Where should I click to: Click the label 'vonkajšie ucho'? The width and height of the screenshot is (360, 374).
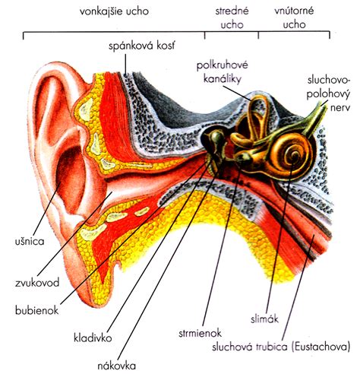pyautogui.click(x=114, y=11)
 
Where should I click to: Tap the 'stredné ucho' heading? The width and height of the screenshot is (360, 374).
pyautogui.click(x=232, y=17)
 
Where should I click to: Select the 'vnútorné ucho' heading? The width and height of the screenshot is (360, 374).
pyautogui.click(x=294, y=17)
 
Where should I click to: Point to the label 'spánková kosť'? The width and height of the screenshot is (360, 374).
pyautogui.click(x=142, y=46)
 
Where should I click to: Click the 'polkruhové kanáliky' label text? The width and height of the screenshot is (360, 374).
pyautogui.click(x=223, y=72)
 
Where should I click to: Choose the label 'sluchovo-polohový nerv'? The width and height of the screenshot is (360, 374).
pyautogui.click(x=328, y=93)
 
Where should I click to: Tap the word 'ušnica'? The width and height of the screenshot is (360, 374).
pyautogui.click(x=30, y=241)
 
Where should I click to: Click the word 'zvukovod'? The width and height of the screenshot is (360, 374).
pyautogui.click(x=37, y=283)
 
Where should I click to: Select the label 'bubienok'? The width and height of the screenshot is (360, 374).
pyautogui.click(x=36, y=310)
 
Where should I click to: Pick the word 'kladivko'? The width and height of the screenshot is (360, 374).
pyautogui.click(x=93, y=338)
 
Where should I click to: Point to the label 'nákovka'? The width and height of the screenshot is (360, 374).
pyautogui.click(x=117, y=366)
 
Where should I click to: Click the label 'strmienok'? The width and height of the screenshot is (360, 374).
pyautogui.click(x=200, y=333)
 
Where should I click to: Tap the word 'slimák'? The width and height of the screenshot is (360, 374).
pyautogui.click(x=264, y=319)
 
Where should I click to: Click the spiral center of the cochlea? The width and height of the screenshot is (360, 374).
pyautogui.click(x=294, y=157)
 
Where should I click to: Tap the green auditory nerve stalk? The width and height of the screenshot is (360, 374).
pyautogui.click(x=314, y=120)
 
